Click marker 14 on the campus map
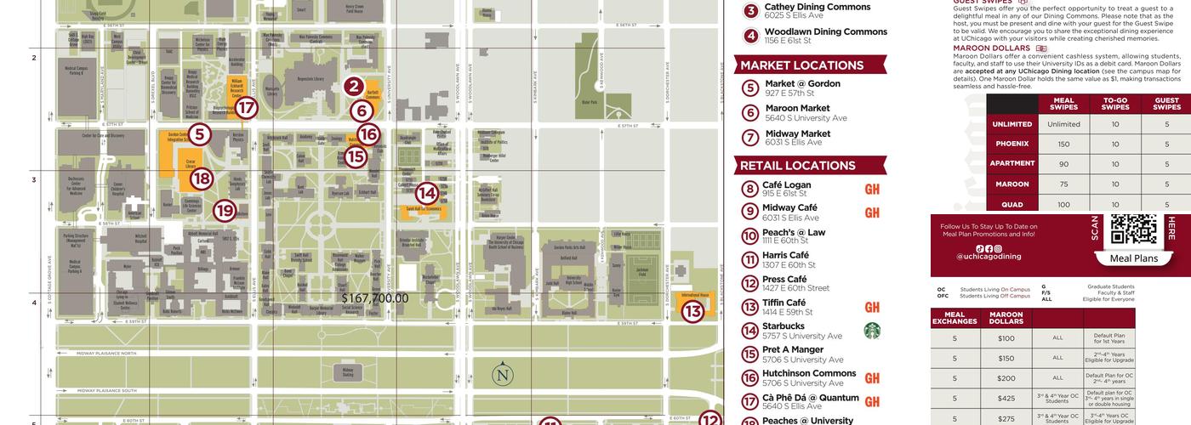click(x=426, y=194)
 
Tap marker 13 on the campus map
click(x=692, y=312)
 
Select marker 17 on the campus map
click(x=246, y=108)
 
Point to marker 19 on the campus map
click(x=224, y=210)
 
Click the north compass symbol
click(x=503, y=375)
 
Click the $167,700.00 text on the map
click(x=374, y=298)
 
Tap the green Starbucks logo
click(x=872, y=331)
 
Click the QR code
click(x=1134, y=229)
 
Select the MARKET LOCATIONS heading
click(x=801, y=65)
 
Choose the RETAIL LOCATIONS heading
click(x=797, y=166)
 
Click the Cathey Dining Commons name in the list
click(x=818, y=7)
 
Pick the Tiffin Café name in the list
click(x=784, y=303)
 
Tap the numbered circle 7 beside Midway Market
click(x=749, y=138)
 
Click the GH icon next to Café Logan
click(x=872, y=190)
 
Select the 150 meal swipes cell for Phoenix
click(x=1063, y=144)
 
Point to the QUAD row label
click(x=1011, y=204)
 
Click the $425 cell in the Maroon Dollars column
click(x=1006, y=397)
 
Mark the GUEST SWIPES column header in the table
click(x=1166, y=104)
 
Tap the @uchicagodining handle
click(x=989, y=256)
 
